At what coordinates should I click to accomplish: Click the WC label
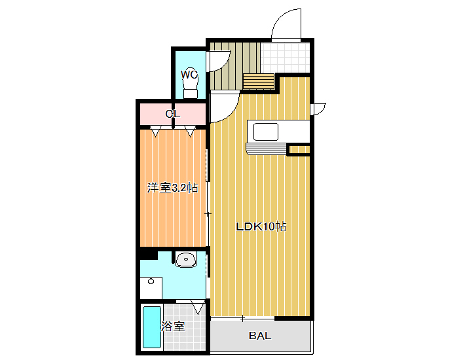pyautogui.click(x=189, y=75)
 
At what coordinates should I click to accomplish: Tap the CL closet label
pyautogui.click(x=173, y=114)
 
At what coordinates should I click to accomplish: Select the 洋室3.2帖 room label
pyautogui.click(x=173, y=188)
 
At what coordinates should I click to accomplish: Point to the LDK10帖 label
pyautogui.click(x=261, y=226)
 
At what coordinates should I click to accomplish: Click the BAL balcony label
pyautogui.click(x=260, y=336)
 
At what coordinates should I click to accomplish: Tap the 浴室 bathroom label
pyautogui.click(x=173, y=327)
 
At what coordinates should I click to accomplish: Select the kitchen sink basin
pyautogui.click(x=266, y=132)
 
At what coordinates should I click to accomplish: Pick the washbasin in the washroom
pyautogui.click(x=186, y=260)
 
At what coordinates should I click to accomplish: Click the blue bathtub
pyautogui.click(x=152, y=327)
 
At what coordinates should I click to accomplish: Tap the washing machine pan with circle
pyautogui.click(x=151, y=288)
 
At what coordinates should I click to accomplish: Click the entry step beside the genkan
pyautogui.click(x=258, y=81)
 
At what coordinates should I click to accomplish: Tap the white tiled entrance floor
pyautogui.click(x=286, y=58)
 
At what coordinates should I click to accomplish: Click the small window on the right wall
pyautogui.click(x=318, y=109)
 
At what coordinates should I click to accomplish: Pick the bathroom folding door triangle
pyautogui.click(x=198, y=307)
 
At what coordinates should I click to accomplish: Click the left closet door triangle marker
pyautogui.click(x=156, y=132)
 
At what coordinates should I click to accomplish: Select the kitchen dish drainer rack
pyautogui.click(x=267, y=149)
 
